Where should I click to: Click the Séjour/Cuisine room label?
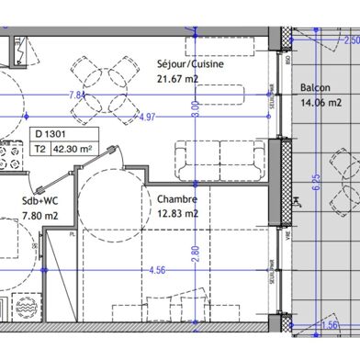click(x=192, y=66)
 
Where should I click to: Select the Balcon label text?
click(x=315, y=88)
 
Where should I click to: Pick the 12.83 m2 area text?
click(x=177, y=213)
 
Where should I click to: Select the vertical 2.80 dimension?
click(x=194, y=250)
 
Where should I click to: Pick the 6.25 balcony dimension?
click(x=343, y=184)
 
